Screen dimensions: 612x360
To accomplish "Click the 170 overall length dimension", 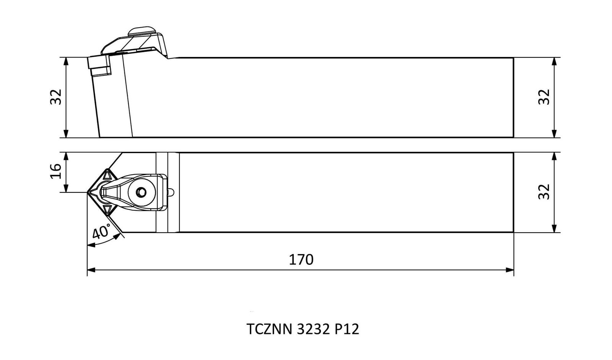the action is click(x=301, y=260).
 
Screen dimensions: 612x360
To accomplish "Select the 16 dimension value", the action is click(x=56, y=171).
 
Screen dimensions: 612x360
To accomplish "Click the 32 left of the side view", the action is click(x=56, y=97).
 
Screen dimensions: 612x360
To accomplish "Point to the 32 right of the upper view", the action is click(x=544, y=97).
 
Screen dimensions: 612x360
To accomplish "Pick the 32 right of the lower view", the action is click(x=544, y=192).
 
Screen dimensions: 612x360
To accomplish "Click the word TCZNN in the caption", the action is click(x=269, y=329).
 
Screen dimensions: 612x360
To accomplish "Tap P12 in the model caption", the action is click(x=347, y=329).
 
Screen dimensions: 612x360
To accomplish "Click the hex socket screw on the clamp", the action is click(x=141, y=192).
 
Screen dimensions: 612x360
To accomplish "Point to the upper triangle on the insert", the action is click(x=107, y=174).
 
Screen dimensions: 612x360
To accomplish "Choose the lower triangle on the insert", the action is click(x=107, y=210).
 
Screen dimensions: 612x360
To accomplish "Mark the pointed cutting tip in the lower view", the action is click(x=88, y=192).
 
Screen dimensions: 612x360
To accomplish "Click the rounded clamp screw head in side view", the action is click(x=142, y=31).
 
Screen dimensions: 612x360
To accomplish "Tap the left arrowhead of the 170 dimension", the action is click(x=91, y=270).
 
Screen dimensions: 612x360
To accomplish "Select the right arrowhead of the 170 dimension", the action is click(x=509, y=270).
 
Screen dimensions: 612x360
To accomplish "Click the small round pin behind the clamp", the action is click(x=171, y=192).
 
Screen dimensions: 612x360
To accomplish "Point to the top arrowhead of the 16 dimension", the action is click(x=65, y=156).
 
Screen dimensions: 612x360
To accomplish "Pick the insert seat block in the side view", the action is click(x=99, y=65).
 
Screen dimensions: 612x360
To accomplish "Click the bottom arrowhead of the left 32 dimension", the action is click(x=65, y=134).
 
